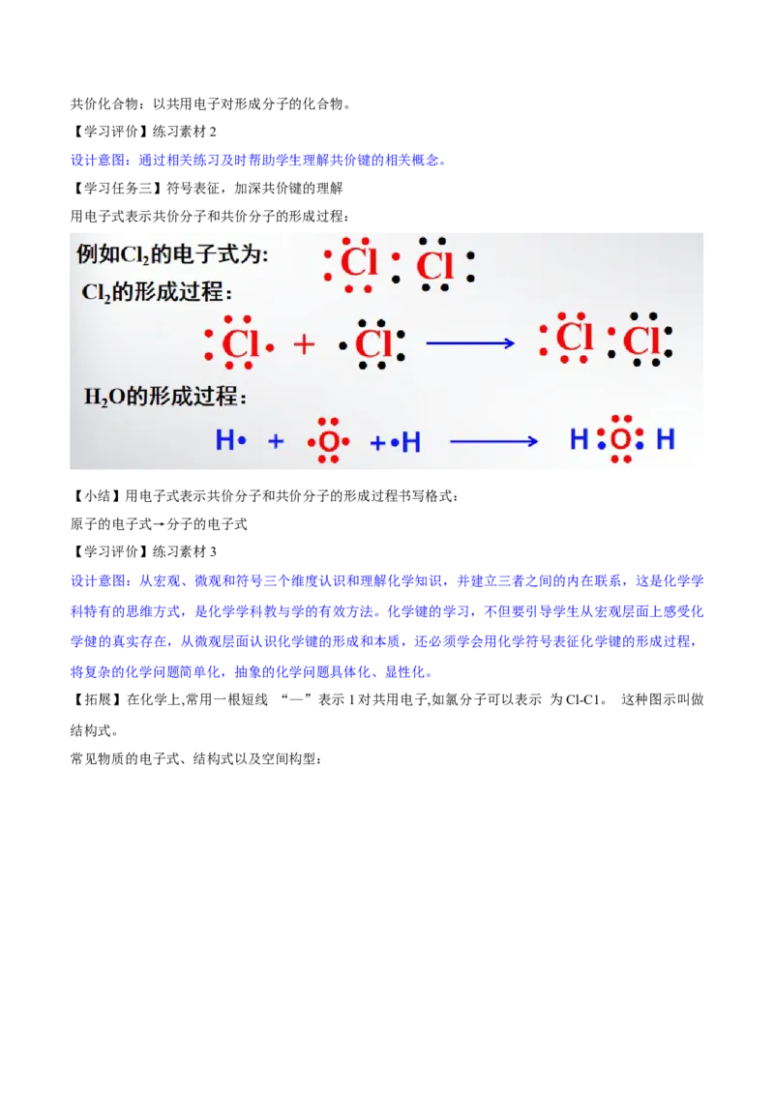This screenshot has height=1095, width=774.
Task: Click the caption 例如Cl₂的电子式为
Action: [172, 255]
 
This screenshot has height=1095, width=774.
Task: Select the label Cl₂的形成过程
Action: [158, 292]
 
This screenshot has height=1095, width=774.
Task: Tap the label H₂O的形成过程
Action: [165, 397]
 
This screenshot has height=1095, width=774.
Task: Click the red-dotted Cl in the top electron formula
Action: [359, 263]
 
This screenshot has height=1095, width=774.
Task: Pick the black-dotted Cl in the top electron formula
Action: [434, 264]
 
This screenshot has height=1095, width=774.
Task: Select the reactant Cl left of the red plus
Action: [240, 343]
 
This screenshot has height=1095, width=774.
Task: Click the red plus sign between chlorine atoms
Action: [304, 343]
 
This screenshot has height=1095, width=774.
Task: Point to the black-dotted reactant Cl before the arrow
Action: [372, 343]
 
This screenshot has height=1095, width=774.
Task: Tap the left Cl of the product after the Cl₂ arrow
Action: [575, 339]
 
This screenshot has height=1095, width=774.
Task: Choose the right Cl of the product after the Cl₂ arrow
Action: [641, 340]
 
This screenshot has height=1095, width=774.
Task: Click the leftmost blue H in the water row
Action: [224, 441]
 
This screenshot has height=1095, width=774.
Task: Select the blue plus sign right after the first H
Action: [276, 441]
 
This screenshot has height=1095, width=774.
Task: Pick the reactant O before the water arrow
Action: [329, 442]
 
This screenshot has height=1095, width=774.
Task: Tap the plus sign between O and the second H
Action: [377, 442]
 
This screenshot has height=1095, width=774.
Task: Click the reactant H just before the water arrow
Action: [411, 442]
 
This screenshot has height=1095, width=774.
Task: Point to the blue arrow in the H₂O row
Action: [493, 441]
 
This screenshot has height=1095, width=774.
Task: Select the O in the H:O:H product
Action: [620, 440]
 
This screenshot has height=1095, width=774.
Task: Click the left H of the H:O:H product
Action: [579, 440]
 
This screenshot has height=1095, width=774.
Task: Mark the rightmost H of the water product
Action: [666, 440]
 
